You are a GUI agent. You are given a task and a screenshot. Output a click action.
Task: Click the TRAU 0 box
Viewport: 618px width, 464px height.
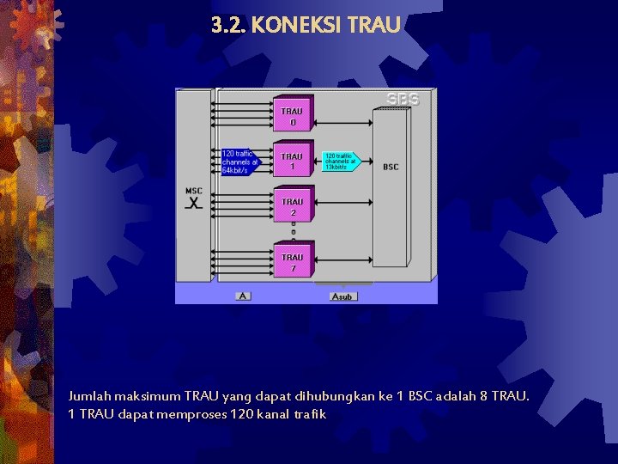(x=293, y=116)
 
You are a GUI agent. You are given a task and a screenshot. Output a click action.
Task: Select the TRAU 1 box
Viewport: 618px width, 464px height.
(x=293, y=162)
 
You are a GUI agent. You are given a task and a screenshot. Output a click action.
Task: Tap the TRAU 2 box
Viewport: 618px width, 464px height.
(x=293, y=206)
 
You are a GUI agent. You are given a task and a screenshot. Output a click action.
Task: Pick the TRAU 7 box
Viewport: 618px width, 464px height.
(x=293, y=262)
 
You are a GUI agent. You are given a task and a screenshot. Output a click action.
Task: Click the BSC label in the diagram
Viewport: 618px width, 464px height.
(x=391, y=167)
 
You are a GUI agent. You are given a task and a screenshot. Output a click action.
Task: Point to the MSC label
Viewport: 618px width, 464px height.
(x=194, y=191)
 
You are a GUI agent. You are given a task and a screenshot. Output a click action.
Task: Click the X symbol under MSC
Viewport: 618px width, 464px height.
(x=195, y=204)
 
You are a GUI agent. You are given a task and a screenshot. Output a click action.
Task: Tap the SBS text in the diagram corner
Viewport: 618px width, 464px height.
(x=403, y=100)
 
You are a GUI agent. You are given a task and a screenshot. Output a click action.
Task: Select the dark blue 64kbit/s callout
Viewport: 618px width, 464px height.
(x=239, y=162)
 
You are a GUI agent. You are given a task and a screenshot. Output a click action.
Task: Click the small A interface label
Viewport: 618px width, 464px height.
(x=244, y=296)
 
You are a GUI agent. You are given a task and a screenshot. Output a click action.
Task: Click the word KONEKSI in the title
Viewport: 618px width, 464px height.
(x=297, y=25)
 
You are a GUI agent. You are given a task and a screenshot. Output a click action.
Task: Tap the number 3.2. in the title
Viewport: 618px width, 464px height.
(x=228, y=25)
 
